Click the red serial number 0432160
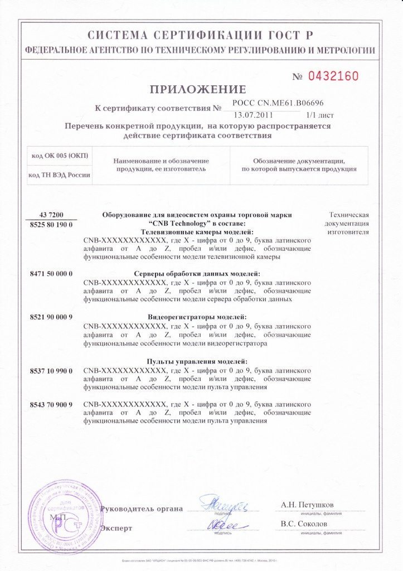(x=333, y=76)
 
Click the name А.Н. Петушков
(x=308, y=505)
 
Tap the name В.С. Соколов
(x=304, y=524)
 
